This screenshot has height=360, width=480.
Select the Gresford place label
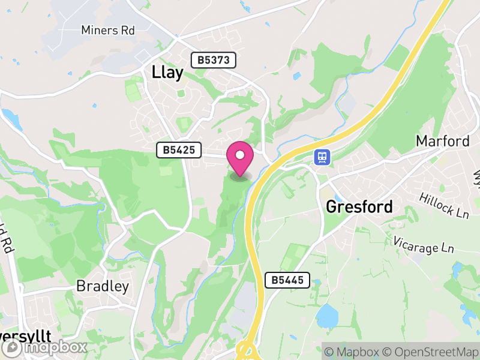coord(359,207)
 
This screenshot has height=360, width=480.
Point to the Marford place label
coord(443,142)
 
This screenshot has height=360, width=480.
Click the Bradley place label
coord(103,286)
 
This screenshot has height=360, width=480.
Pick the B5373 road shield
coord(214,60)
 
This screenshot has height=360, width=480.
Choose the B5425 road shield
coord(179,150)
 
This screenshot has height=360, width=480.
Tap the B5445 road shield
coord(287,280)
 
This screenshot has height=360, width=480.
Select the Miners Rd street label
coord(108,30)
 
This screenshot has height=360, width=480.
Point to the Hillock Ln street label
coord(443,205)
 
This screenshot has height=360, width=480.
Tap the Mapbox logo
coord(45,347)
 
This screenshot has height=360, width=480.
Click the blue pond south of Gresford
coord(327,316)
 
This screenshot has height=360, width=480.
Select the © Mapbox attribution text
coord(356,352)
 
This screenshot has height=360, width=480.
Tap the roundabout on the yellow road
coord(247,350)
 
